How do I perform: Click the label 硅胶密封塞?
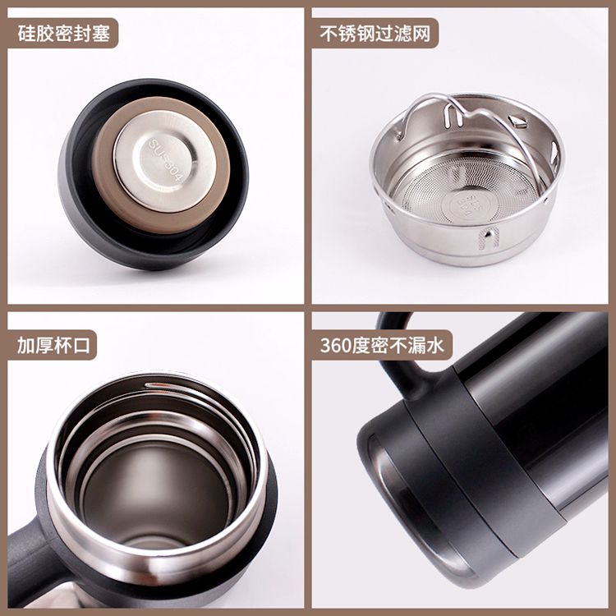tap(63, 34)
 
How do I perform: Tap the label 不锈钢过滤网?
tap(375, 34)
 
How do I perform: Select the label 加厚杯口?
tap(53, 345)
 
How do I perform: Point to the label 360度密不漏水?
tap(382, 345)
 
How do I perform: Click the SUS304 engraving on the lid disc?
tap(165, 159)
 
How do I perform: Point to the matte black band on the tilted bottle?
tap(487, 463)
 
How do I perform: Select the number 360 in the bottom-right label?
tap(336, 346)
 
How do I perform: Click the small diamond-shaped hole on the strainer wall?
tap(517, 121)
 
